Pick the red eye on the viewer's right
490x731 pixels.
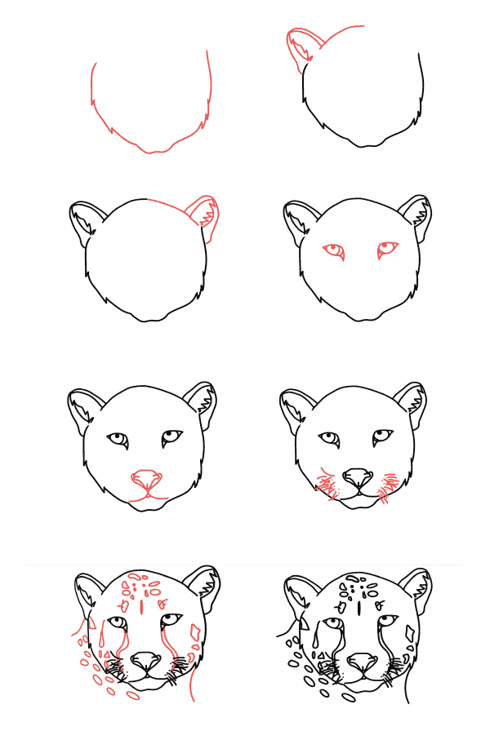pyautogui.click(x=387, y=248)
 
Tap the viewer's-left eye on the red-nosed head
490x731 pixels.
pyautogui.click(x=119, y=440)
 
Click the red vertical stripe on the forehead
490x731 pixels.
pyautogui.click(x=142, y=606)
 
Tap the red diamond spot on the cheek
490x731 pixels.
pyautogui.click(x=195, y=632)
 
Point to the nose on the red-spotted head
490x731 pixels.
pyautogui.click(x=145, y=658)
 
